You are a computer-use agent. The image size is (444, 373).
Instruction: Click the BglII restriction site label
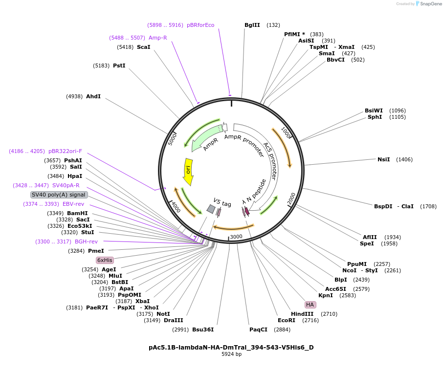pyautogui.click(x=252, y=25)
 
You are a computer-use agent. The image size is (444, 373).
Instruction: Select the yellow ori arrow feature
pyautogui.click(x=188, y=171)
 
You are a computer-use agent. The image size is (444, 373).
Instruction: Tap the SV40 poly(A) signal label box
pyautogui.click(x=59, y=195)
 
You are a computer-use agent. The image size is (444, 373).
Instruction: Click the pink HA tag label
pyautogui.click(x=310, y=305)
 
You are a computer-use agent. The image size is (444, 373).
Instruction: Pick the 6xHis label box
pyautogui.click(x=105, y=260)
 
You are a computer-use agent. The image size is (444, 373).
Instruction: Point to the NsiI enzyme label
pyautogui.click(x=383, y=159)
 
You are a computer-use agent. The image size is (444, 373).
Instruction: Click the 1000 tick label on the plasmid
pyautogui.click(x=286, y=132)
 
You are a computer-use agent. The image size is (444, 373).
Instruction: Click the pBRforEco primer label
pyautogui.click(x=200, y=25)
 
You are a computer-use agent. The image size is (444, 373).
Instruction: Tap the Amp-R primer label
pyautogui.click(x=158, y=38)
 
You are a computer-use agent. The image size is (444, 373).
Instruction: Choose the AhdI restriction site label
pyautogui.click(x=93, y=96)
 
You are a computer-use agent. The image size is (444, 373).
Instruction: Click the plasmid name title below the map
pyautogui.click(x=231, y=347)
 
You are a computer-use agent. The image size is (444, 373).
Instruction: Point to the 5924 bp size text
pyautogui.click(x=231, y=354)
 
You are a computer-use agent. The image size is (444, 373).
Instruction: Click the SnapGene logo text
pyautogui.click(x=431, y=4)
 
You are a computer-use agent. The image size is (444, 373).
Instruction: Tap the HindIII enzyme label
pyautogui.click(x=302, y=314)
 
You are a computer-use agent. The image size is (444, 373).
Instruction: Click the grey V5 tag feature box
pyautogui.click(x=211, y=209)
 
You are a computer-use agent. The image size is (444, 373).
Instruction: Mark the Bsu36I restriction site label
pyautogui.click(x=203, y=329)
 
